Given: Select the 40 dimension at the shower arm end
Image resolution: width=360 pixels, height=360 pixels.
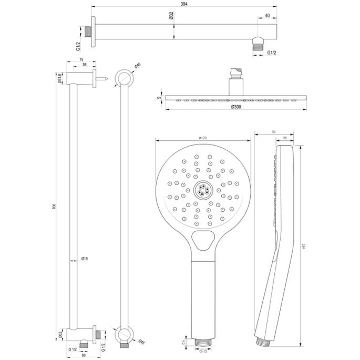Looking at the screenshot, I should pyautogui.click(x=268, y=15).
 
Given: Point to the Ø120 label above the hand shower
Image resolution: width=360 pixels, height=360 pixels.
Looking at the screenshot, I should pyautogui.click(x=202, y=137).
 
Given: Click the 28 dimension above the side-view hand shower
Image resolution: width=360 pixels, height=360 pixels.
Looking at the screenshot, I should pyautogui.click(x=284, y=137).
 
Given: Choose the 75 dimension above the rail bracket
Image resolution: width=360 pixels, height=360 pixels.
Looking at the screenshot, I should pyautogui.click(x=81, y=60).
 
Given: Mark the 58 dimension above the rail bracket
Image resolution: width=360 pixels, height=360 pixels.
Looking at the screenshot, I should pyautogui.click(x=85, y=66).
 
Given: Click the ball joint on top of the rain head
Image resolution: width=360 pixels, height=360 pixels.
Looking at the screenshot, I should pyautogui.click(x=235, y=71).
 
